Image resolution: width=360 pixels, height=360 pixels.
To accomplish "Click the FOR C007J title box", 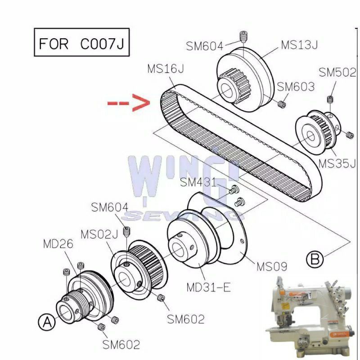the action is (x=82, y=42).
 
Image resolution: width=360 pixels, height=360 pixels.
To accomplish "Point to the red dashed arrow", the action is (x=129, y=103).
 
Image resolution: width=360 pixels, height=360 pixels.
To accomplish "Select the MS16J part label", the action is (x=166, y=69).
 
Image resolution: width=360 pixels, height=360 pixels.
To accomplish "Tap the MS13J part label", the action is (x=299, y=45).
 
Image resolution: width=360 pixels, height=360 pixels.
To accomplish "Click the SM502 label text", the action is (x=337, y=72).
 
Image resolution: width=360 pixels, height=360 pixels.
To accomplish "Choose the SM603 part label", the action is (x=296, y=87).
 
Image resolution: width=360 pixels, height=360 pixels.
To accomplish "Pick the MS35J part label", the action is (x=337, y=164).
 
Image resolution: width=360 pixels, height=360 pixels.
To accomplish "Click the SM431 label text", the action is (x=198, y=182).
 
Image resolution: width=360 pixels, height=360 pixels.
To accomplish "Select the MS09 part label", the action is (x=272, y=266).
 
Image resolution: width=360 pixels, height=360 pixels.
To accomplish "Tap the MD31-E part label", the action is (x=209, y=287).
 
